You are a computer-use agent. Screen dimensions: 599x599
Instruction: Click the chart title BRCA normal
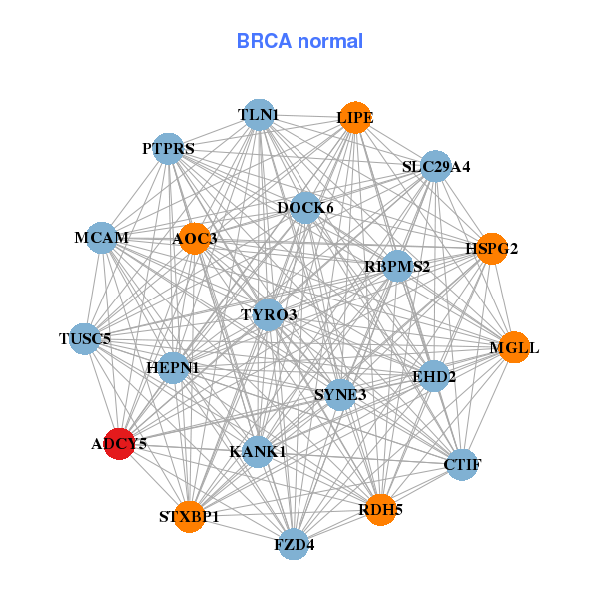pos(299,42)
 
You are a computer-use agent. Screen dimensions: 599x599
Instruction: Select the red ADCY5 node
pos(120,444)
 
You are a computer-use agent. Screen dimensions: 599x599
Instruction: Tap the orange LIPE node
pos(355,118)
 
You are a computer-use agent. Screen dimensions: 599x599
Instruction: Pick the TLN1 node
pos(259,115)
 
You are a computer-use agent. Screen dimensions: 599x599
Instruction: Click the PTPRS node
pos(168,149)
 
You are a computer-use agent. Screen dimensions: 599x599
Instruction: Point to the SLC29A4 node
pos(436,166)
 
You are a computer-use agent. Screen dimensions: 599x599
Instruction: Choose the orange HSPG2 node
pos(491,248)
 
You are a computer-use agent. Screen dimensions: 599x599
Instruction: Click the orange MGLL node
pos(513,348)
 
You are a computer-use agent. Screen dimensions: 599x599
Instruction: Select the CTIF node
pos(462,464)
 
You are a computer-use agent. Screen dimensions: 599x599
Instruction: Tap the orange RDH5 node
pos(380,510)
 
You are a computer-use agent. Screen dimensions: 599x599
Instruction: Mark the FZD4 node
pos(294,544)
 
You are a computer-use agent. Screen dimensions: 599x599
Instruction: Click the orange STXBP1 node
pos(189,516)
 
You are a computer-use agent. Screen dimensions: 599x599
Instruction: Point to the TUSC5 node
pos(85,338)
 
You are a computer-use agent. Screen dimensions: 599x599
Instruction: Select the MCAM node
pos(102,238)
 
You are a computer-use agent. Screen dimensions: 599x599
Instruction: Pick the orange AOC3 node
pos(194,238)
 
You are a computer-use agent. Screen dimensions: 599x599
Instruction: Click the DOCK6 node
pos(305,208)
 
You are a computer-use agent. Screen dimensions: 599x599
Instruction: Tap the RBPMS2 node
pos(397,267)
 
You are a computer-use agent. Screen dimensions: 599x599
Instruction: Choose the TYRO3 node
pos(269,315)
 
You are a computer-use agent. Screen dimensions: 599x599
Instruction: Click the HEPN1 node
pos(173,368)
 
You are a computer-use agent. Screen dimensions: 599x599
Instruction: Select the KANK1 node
pos(258,452)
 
